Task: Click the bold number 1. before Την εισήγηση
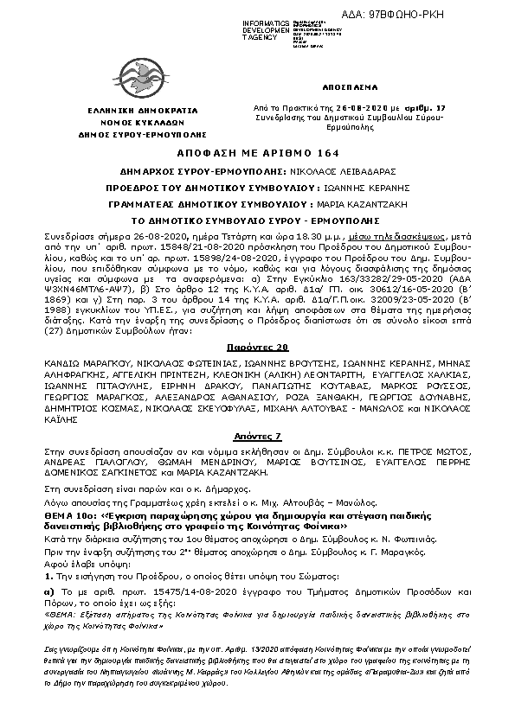click(x=49, y=576)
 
